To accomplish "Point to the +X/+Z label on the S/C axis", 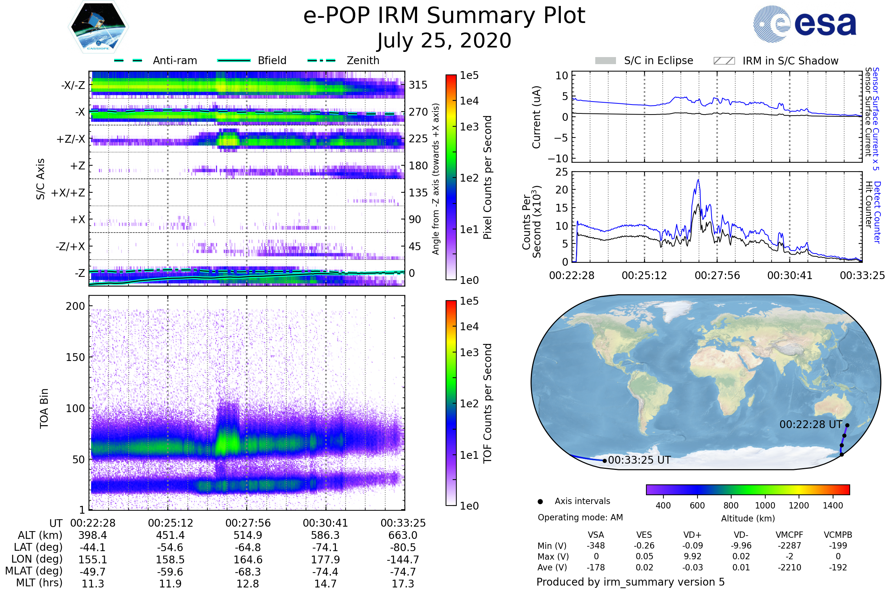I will click(68, 193).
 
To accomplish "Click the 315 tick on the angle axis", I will click(418, 85).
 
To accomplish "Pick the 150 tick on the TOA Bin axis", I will click(75, 357).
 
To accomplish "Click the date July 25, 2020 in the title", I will click(444, 41).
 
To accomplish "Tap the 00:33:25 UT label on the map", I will click(639, 460).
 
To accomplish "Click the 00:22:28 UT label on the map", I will click(811, 425).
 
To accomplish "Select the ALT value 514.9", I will click(247, 536).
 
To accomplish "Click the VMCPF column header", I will click(789, 535).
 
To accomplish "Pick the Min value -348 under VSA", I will click(596, 546).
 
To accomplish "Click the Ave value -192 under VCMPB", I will click(838, 568).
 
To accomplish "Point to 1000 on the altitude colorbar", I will click(765, 506).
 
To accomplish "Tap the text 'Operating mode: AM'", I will click(580, 517).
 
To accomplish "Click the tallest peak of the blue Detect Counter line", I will click(698, 180).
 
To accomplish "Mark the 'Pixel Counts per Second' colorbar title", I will click(487, 178).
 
